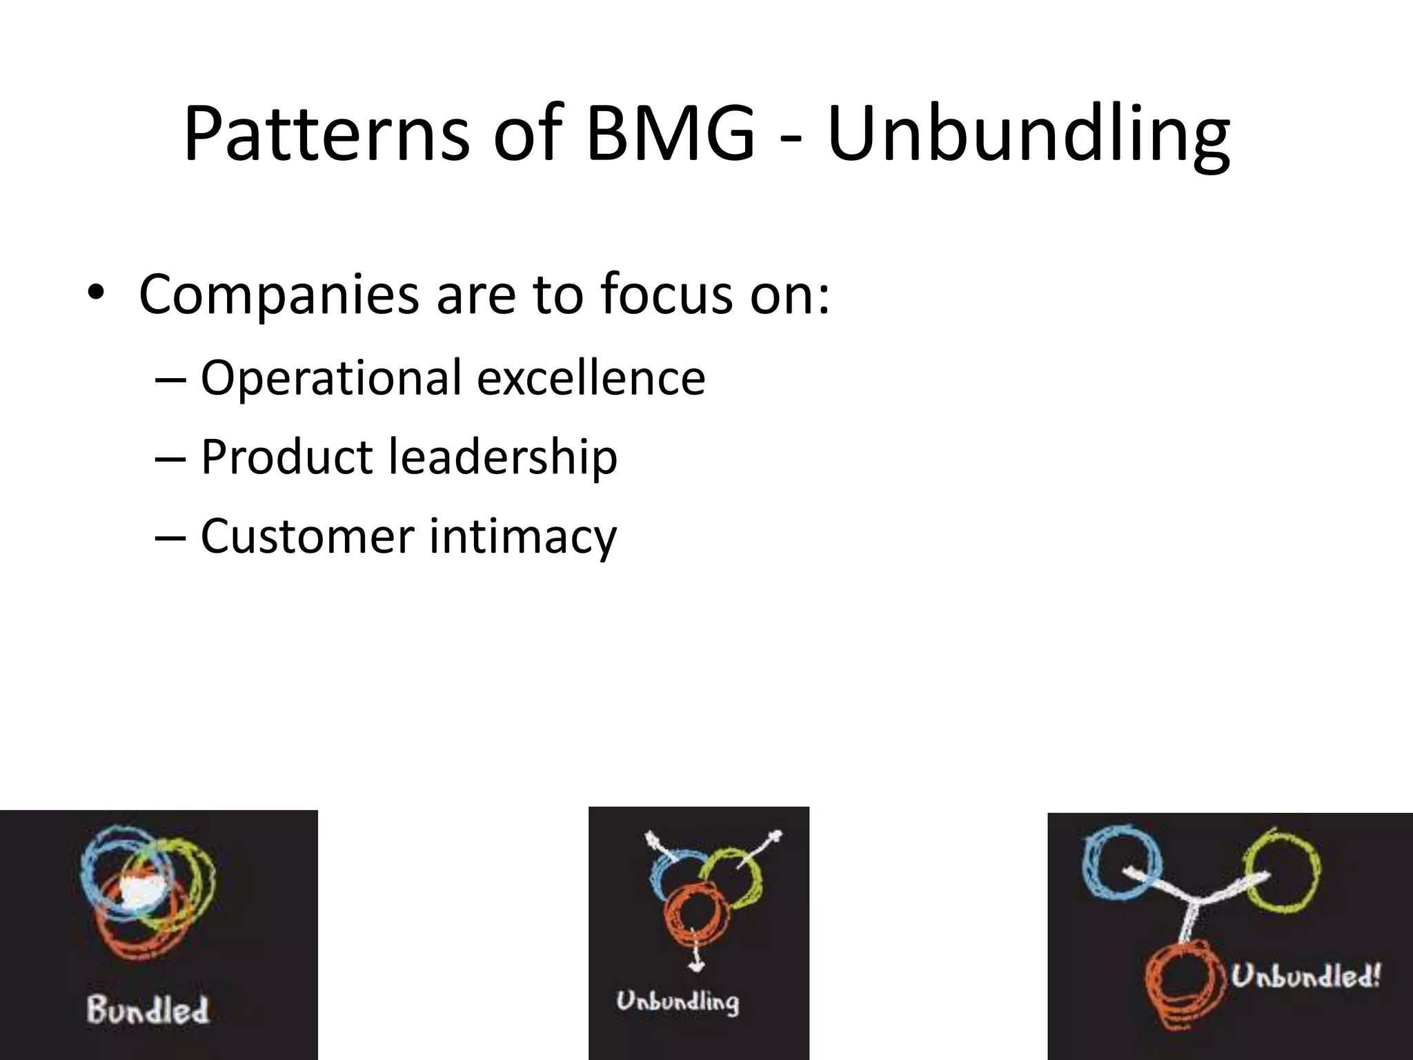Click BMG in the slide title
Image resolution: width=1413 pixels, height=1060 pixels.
tap(669, 135)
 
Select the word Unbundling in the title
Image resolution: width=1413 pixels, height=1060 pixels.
tap(1028, 135)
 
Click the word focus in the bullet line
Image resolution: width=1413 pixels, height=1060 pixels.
tap(666, 295)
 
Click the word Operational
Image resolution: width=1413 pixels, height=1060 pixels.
tap(331, 378)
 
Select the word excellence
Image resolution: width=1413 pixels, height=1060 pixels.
tap(591, 378)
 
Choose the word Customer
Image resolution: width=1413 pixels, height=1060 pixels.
tap(307, 536)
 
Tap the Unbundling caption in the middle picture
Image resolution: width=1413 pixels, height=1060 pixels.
tap(678, 1001)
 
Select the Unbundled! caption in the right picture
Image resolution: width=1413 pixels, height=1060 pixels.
tap(1306, 976)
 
